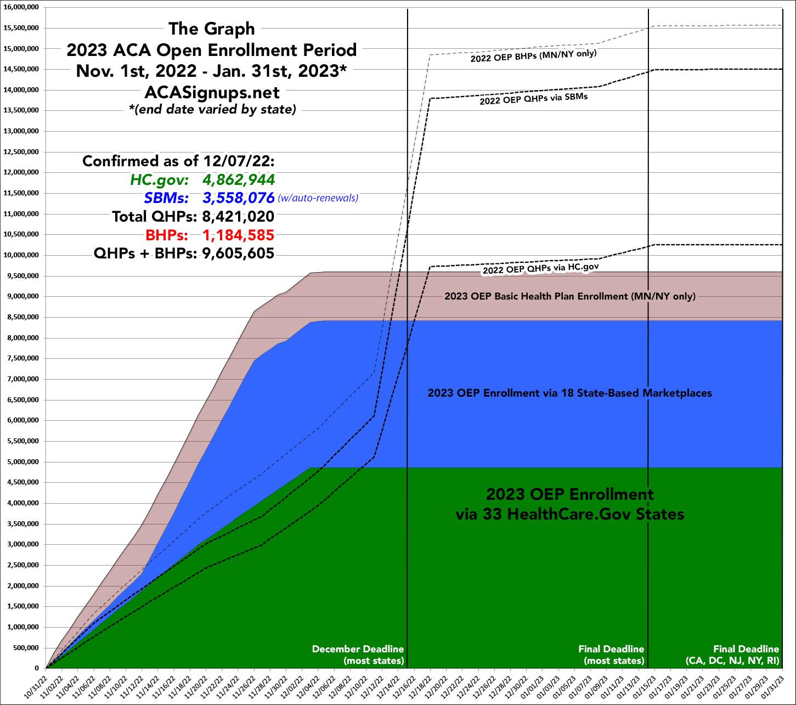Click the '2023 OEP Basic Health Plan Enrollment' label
(569, 296)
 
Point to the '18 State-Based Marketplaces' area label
(569, 393)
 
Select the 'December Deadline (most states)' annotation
(358, 655)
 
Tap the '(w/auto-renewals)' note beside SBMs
(318, 198)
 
